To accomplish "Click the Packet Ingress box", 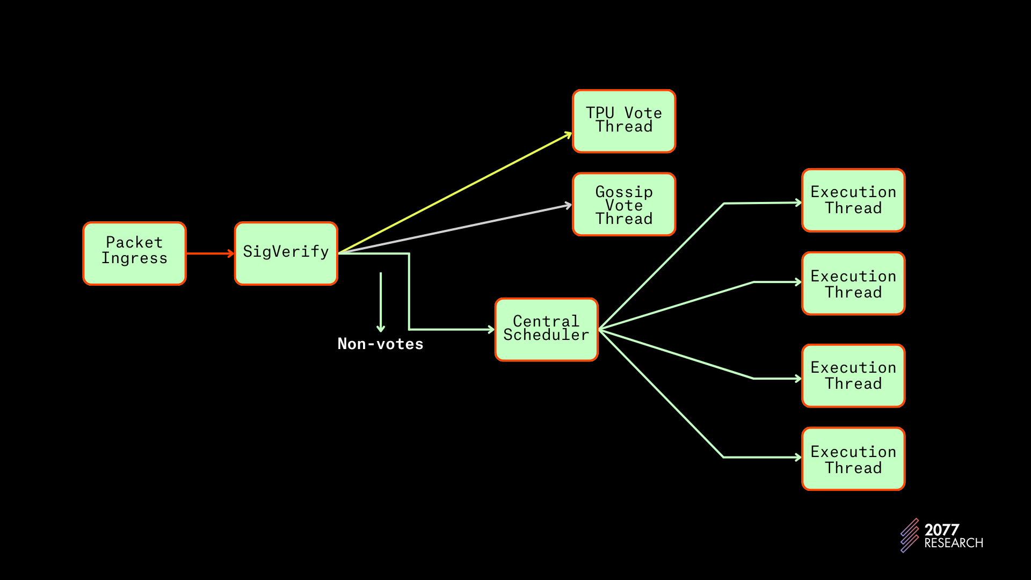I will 134,253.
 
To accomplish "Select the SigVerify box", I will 286,253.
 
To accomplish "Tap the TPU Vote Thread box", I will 623,121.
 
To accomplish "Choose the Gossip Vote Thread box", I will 623,204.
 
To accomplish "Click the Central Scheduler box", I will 546,329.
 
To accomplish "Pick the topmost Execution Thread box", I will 853,200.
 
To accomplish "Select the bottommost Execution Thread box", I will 853,459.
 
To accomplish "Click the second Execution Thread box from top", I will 853,284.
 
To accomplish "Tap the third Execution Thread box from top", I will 853,375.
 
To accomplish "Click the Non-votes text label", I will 380,344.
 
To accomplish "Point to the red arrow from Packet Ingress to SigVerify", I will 210,253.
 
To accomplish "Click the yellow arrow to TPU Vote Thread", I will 456,192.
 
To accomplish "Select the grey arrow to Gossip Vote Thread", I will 456,228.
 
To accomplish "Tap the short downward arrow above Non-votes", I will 381,301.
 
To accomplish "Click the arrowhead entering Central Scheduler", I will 491,329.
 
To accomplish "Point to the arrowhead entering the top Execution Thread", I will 798,202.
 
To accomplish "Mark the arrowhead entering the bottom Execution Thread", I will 798,457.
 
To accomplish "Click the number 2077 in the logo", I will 941,530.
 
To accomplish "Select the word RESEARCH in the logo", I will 953,543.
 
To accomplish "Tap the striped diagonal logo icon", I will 910,535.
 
